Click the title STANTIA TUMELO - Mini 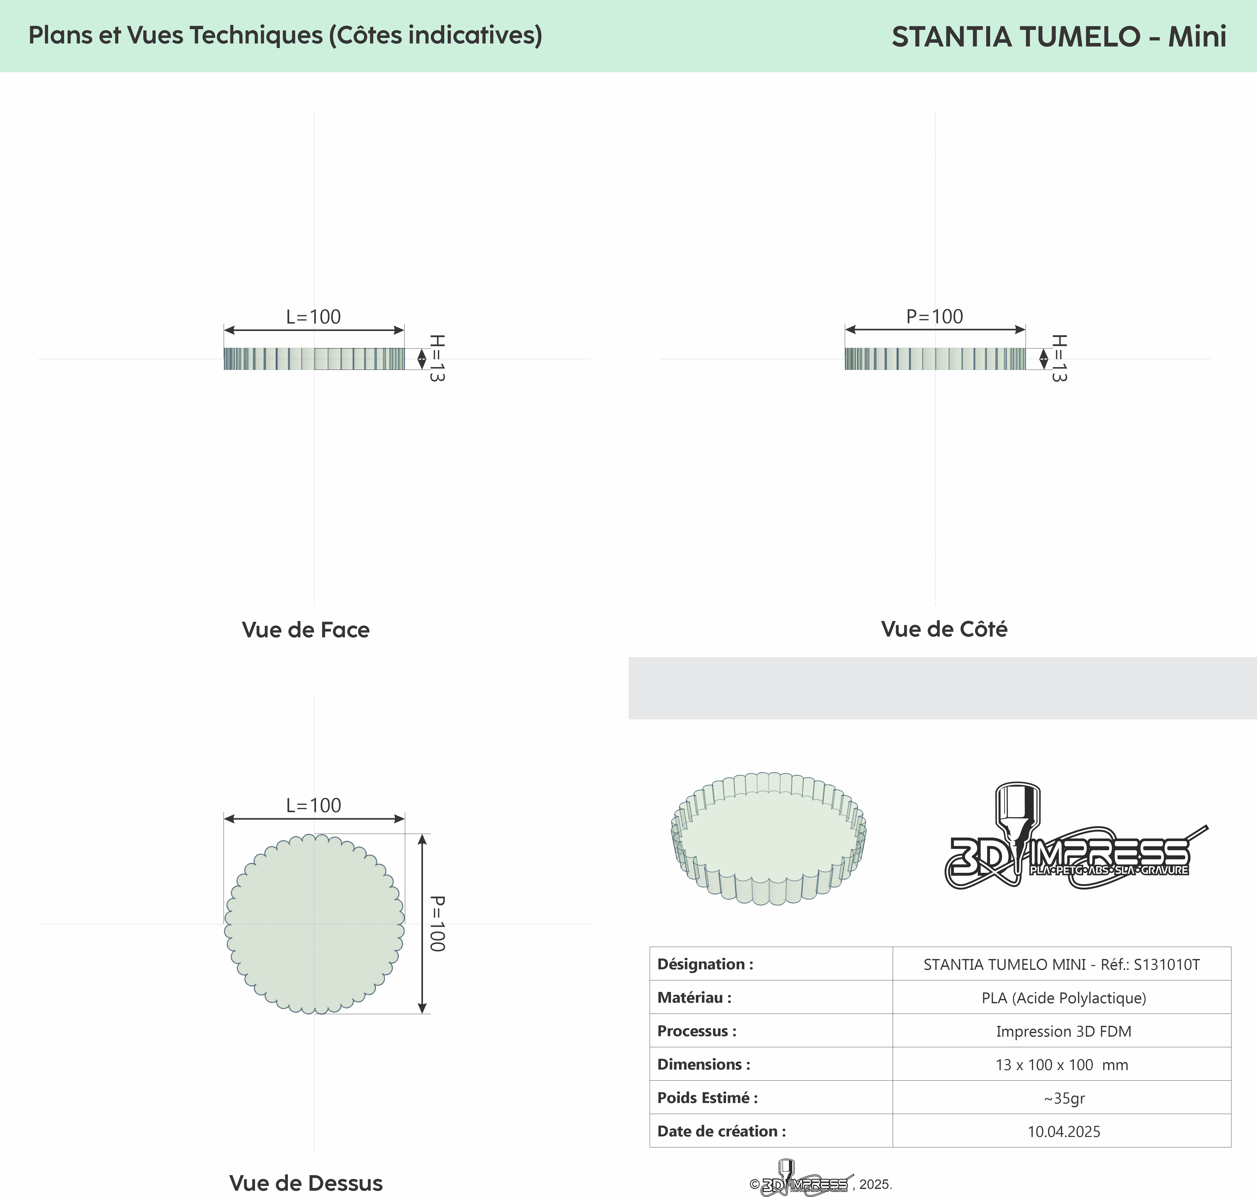tap(1058, 36)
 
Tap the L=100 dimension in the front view tap(313, 316)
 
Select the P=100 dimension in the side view tap(935, 316)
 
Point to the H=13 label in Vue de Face tap(437, 358)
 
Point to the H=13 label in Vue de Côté tap(1058, 358)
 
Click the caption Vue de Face tap(306, 630)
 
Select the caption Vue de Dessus tap(306, 1183)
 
